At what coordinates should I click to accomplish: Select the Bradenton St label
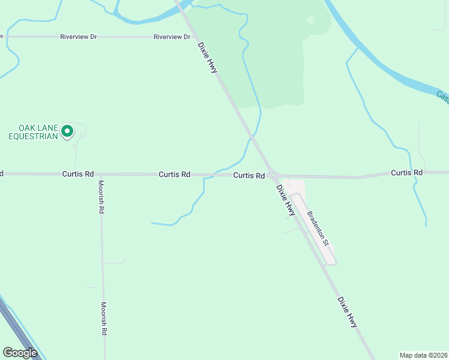(318, 229)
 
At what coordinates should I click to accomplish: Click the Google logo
(20, 353)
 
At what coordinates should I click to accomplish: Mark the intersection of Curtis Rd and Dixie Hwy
(273, 175)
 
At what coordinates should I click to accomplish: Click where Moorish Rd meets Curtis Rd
(101, 175)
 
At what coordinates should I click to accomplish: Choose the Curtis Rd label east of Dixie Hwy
(407, 173)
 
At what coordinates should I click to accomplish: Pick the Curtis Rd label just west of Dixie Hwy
(249, 176)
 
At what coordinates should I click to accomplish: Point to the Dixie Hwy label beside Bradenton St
(286, 200)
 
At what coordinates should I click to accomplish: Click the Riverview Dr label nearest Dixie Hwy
(172, 37)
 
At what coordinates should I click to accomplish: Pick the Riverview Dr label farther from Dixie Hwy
(79, 37)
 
